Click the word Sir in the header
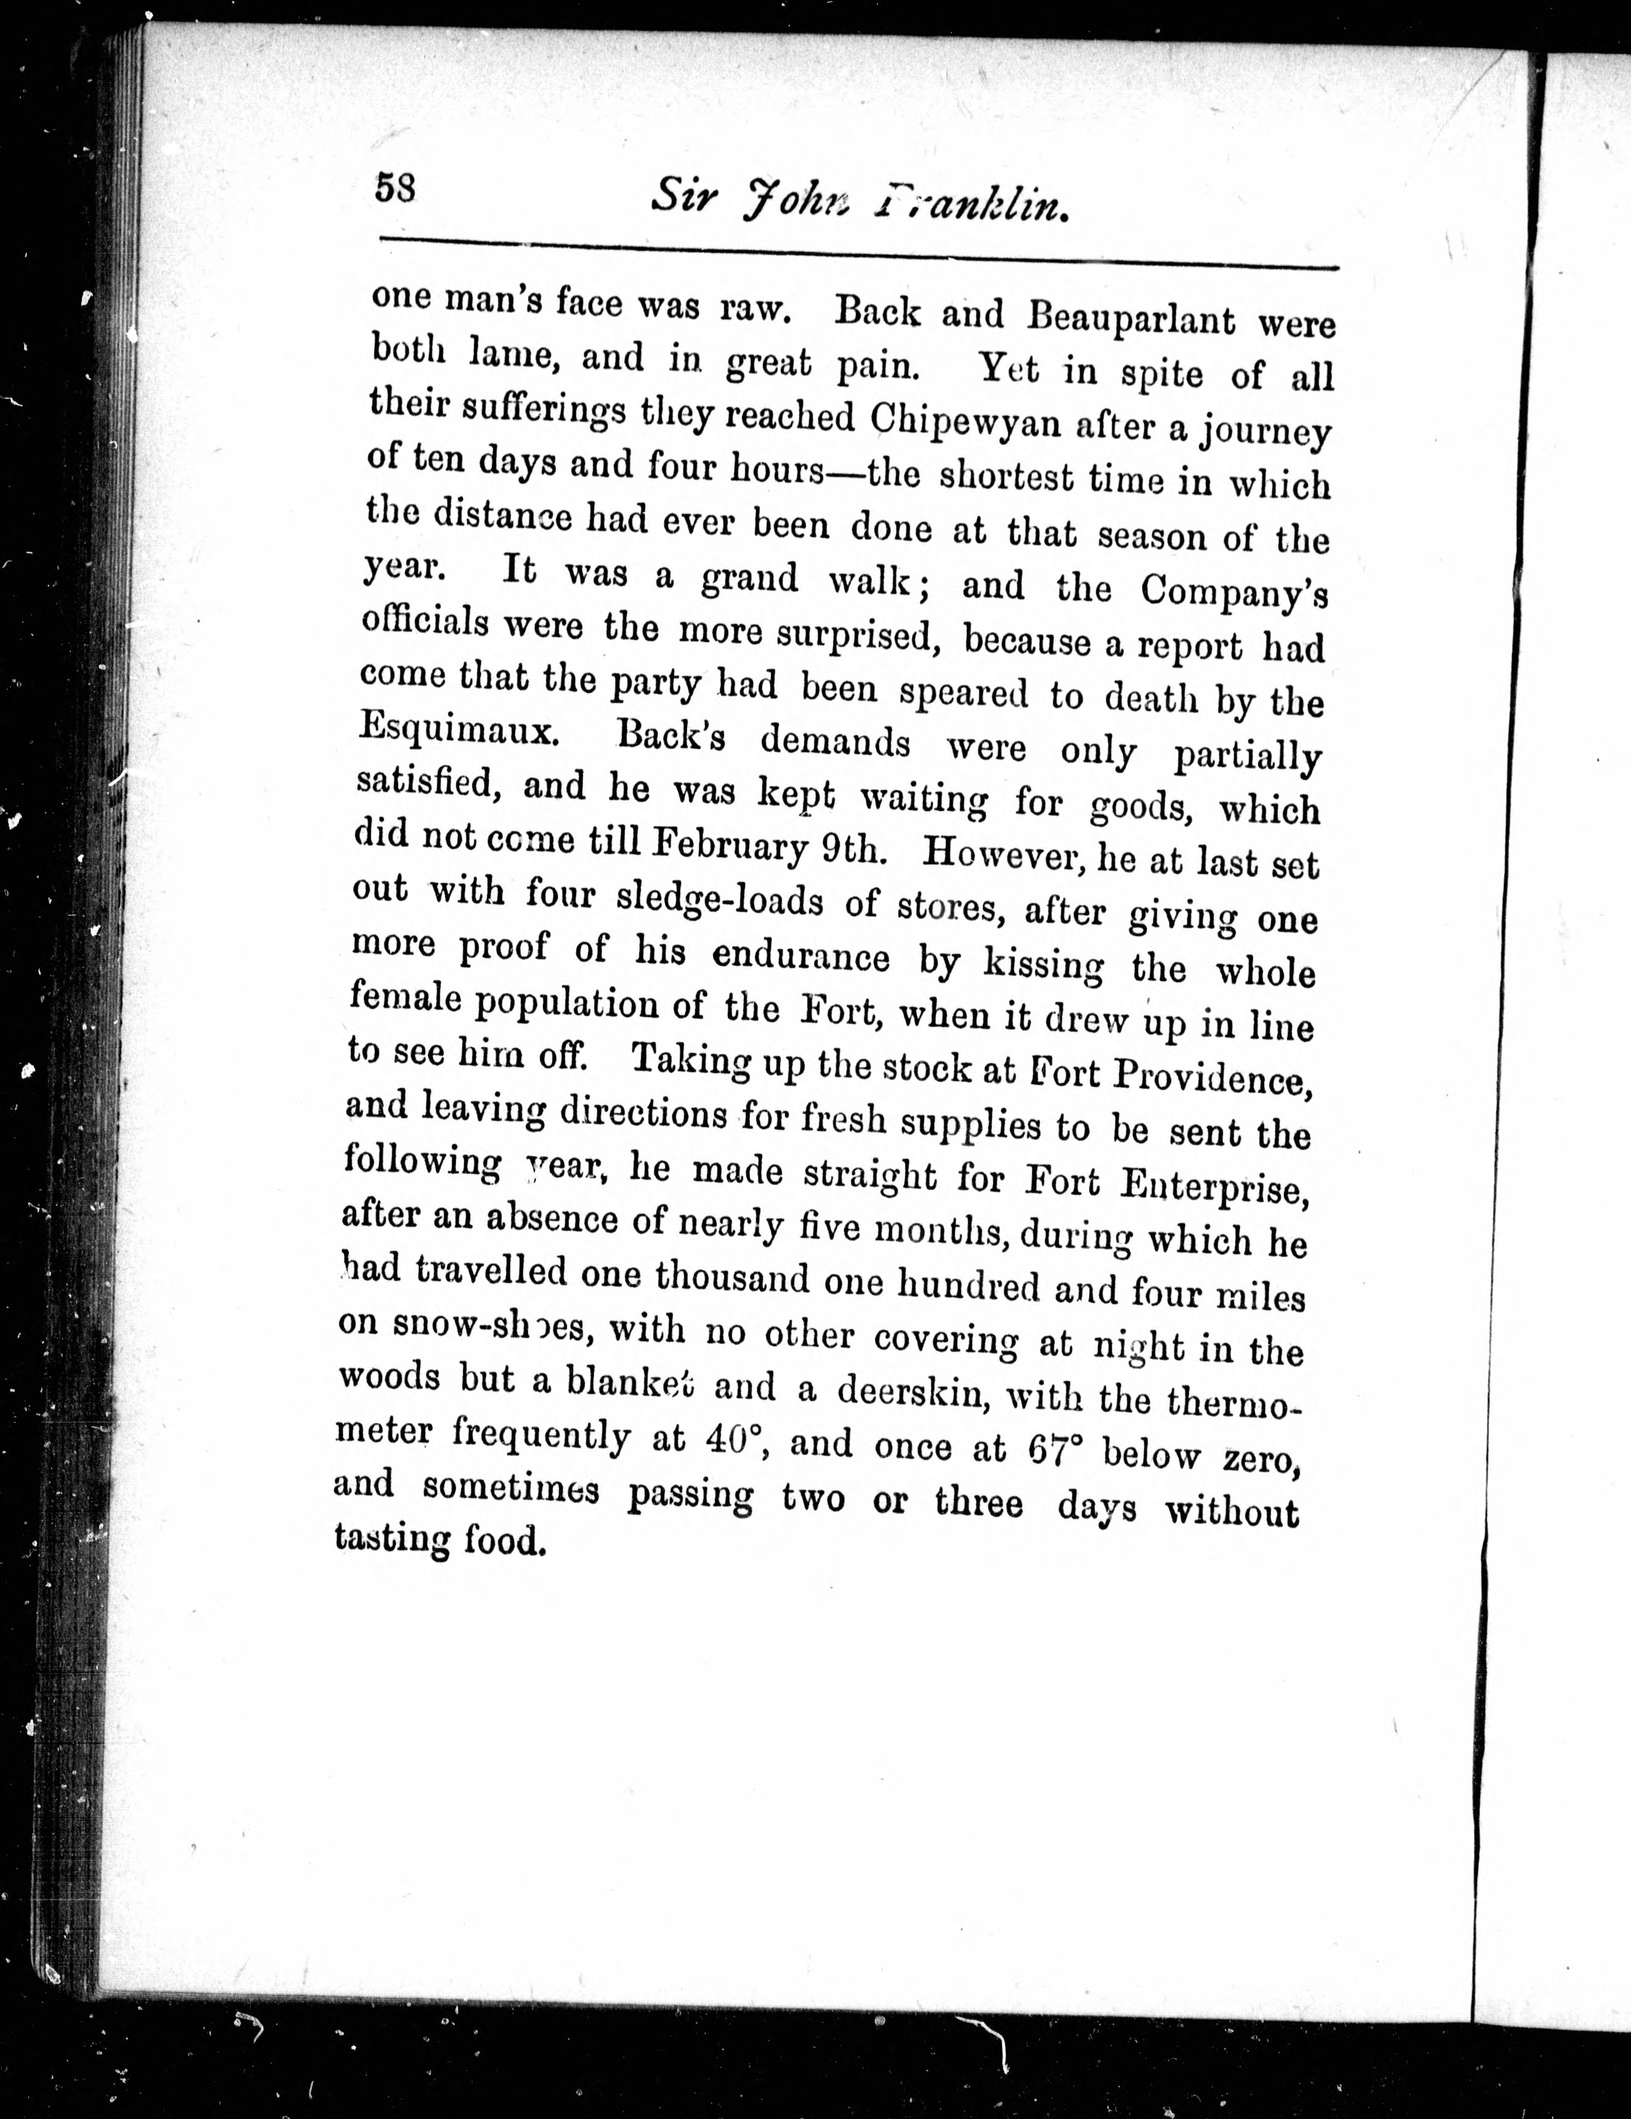point(685,197)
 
